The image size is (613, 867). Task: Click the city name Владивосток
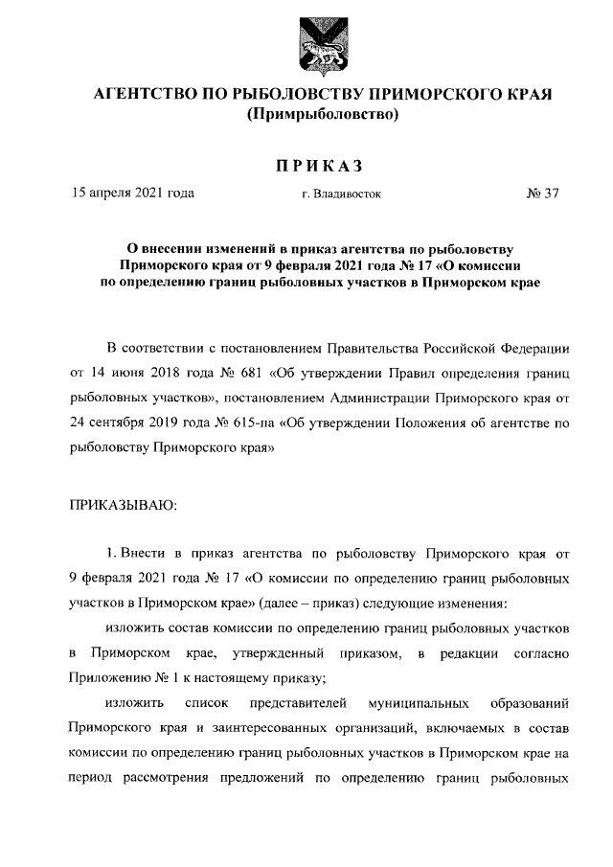346,194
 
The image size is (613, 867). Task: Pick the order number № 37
542,193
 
